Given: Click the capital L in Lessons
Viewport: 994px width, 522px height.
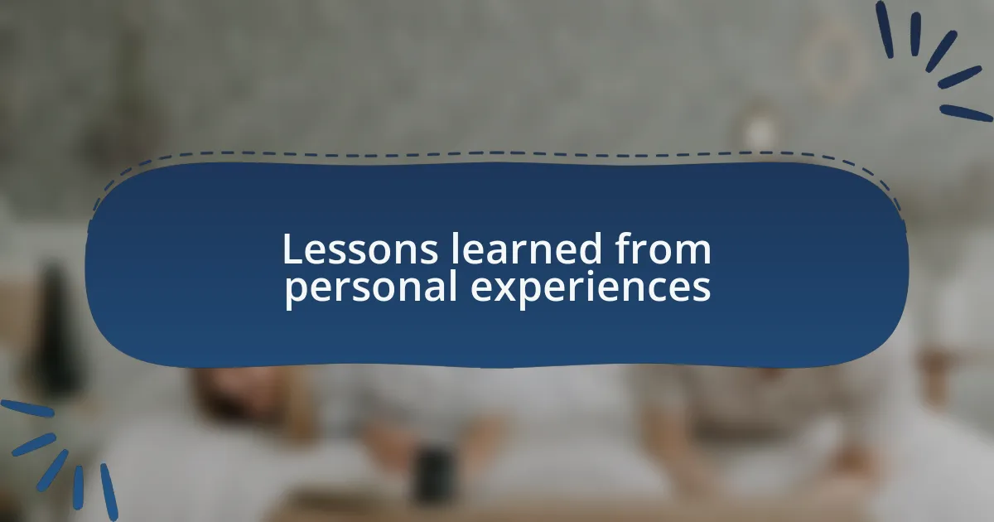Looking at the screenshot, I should click(x=290, y=249).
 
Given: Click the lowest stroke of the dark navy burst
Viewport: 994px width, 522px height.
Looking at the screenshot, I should click(x=965, y=114).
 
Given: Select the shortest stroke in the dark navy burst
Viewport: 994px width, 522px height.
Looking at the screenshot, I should click(x=915, y=34).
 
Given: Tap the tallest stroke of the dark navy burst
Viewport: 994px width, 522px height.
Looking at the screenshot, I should click(x=885, y=29).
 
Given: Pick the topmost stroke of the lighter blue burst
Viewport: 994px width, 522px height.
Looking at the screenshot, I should click(x=26, y=408).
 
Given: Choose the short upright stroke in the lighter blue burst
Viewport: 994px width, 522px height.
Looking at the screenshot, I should click(x=78, y=486).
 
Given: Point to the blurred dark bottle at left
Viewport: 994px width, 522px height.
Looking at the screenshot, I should click(x=55, y=331).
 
